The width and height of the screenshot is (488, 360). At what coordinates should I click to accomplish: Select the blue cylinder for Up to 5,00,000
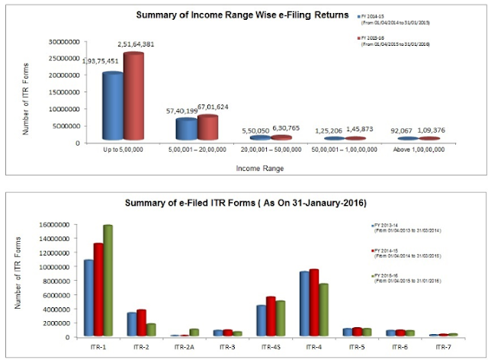(113, 107)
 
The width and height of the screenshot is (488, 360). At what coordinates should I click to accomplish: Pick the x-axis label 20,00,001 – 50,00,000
(275, 152)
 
